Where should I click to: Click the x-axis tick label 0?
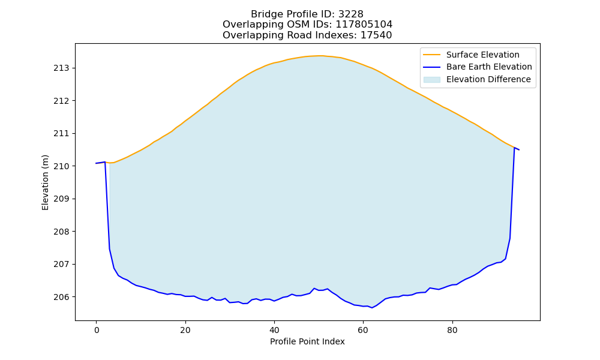click(97, 330)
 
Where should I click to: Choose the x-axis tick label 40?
click(274, 330)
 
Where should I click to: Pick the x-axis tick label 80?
click(452, 330)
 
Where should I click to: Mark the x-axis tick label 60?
click(363, 330)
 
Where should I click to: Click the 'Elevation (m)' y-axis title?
click(45, 182)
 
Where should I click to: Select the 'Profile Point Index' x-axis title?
click(307, 341)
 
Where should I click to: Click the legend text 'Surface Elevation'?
click(482, 55)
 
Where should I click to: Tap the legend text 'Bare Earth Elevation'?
click(489, 67)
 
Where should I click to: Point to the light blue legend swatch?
click(431, 80)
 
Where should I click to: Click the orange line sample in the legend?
click(431, 55)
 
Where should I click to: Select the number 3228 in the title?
click(350, 14)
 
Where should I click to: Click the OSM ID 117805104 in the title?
click(364, 25)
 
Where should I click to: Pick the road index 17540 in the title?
click(376, 35)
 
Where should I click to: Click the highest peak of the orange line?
click(320, 56)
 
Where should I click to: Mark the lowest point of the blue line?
click(372, 308)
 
